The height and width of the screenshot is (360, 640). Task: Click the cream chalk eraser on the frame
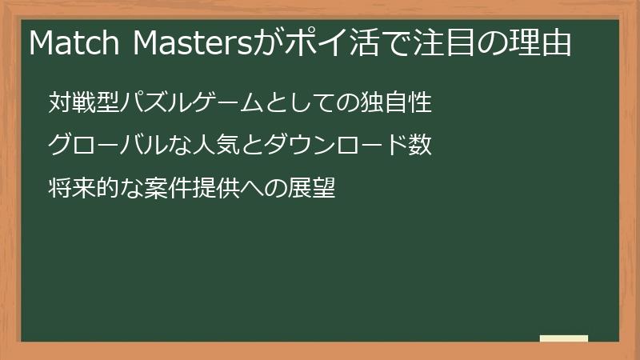pos(563,338)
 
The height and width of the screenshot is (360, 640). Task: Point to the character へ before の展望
pos(256,190)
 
